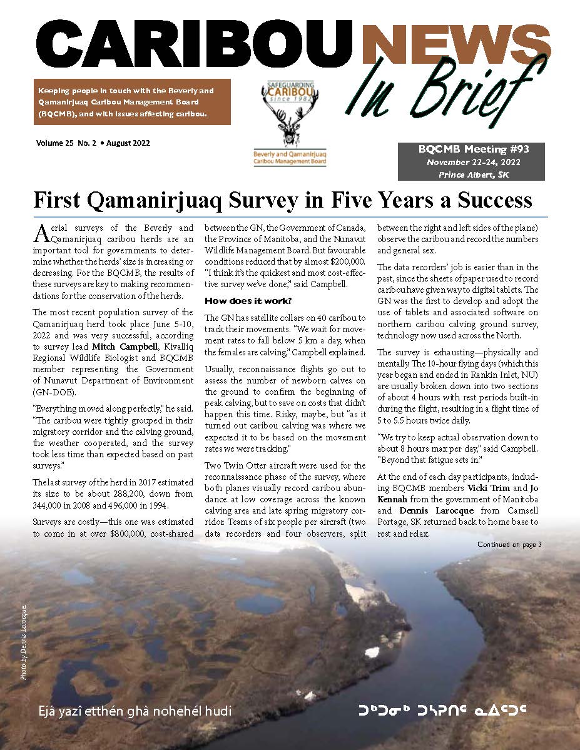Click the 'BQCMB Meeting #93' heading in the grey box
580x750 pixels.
point(474,149)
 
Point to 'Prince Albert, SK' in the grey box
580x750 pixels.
point(474,175)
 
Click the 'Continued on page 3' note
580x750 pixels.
point(509,544)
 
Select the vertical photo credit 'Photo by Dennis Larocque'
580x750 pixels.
point(23,641)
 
